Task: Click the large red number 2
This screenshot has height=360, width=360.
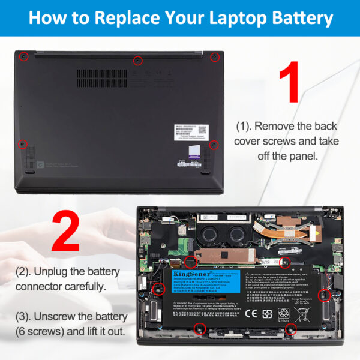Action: point(65,232)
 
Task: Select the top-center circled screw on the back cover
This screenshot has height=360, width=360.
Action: point(137,60)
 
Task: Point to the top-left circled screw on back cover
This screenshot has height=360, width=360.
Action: point(23,56)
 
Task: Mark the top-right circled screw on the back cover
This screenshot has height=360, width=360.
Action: point(214,57)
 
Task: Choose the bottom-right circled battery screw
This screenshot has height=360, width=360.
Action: point(291,329)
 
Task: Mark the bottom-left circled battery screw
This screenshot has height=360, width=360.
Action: point(200,328)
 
